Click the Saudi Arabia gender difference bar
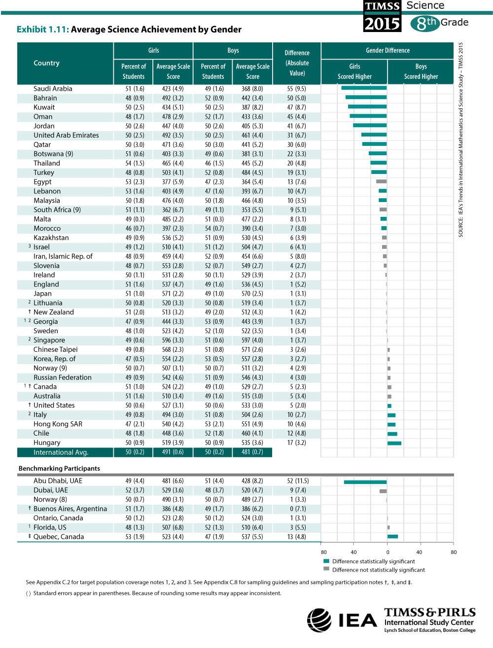coord(364,88)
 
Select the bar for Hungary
coord(394,443)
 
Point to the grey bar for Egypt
coord(382,181)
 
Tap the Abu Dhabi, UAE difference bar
coord(365,482)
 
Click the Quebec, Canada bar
coord(392,537)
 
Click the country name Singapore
coord(49,340)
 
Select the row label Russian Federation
coord(62,377)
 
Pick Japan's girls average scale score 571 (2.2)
coord(173,293)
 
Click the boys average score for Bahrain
coord(252,98)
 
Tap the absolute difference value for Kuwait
coord(296,107)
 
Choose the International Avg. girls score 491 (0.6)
coord(173,452)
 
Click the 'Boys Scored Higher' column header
coord(421,71)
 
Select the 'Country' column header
coord(46,63)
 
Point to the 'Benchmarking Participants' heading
coord(59,468)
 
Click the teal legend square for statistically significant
coord(326,561)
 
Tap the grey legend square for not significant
coord(326,569)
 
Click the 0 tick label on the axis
coord(387,552)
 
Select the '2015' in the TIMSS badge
coord(382,24)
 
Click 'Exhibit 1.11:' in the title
coord(43,30)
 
